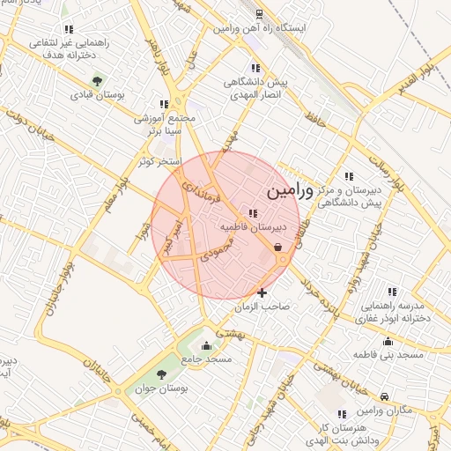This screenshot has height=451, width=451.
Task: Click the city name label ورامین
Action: tap(288, 189)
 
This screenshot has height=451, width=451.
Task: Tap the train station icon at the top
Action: tap(258, 14)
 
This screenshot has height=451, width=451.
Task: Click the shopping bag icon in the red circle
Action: tap(278, 248)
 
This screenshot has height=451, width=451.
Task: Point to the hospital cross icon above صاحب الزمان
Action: tap(262, 292)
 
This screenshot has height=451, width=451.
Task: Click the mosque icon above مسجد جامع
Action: tap(206, 344)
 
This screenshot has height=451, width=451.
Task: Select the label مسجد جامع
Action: tap(206, 359)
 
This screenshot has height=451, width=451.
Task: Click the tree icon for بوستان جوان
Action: tap(160, 373)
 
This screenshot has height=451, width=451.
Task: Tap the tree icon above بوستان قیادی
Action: tap(97, 81)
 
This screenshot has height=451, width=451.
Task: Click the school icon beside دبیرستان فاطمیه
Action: tap(254, 212)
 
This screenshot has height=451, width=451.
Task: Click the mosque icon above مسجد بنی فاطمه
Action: tap(388, 342)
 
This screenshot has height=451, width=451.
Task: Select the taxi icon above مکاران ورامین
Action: tap(385, 397)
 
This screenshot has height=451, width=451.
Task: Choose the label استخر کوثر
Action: tap(159, 162)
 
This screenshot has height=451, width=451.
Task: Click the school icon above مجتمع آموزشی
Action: tap(163, 103)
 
